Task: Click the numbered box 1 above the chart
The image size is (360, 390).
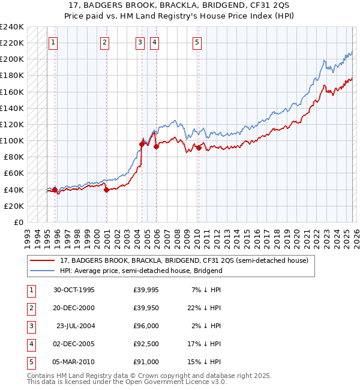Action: click(x=53, y=43)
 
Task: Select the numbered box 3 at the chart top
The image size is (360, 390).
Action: click(x=140, y=43)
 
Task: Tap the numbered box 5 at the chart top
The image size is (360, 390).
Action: click(x=197, y=43)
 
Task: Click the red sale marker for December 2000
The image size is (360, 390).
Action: click(x=106, y=190)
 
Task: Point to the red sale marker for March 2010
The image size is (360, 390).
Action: click(x=198, y=148)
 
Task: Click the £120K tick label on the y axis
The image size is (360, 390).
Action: click(x=12, y=124)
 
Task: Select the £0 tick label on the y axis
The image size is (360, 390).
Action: click(x=18, y=222)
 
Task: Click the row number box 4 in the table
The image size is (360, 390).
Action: click(x=31, y=345)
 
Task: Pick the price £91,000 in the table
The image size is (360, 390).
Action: click(x=146, y=363)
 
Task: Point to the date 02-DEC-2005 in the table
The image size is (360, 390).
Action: click(x=74, y=345)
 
